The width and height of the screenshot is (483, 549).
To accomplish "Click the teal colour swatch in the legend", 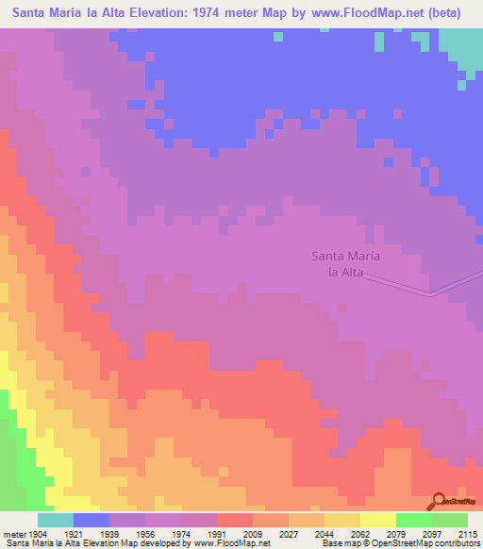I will [x=56, y=520].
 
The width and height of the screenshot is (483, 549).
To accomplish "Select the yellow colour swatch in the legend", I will [x=377, y=520].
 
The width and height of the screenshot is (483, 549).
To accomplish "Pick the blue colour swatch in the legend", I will [x=92, y=520].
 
